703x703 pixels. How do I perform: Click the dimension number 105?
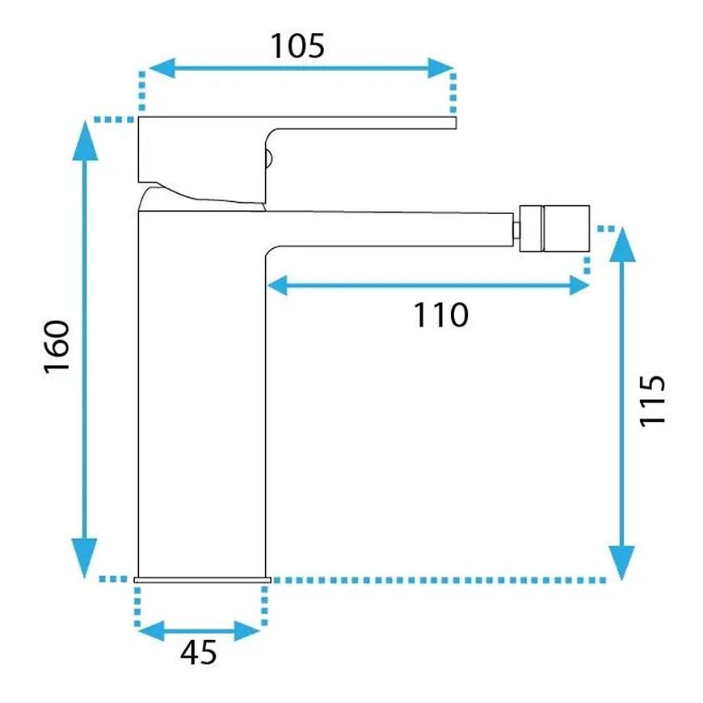(x=297, y=46)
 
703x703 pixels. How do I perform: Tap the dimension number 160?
(x=57, y=346)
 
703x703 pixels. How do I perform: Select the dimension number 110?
(x=440, y=315)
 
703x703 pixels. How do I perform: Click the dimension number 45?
(x=199, y=652)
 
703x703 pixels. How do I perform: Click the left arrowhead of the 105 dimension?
(x=162, y=68)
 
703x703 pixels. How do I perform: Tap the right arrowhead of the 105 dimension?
(x=440, y=68)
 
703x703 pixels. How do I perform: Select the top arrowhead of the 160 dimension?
(x=85, y=141)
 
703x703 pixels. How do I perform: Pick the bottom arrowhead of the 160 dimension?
(x=85, y=558)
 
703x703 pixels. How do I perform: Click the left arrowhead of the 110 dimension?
(x=277, y=285)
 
